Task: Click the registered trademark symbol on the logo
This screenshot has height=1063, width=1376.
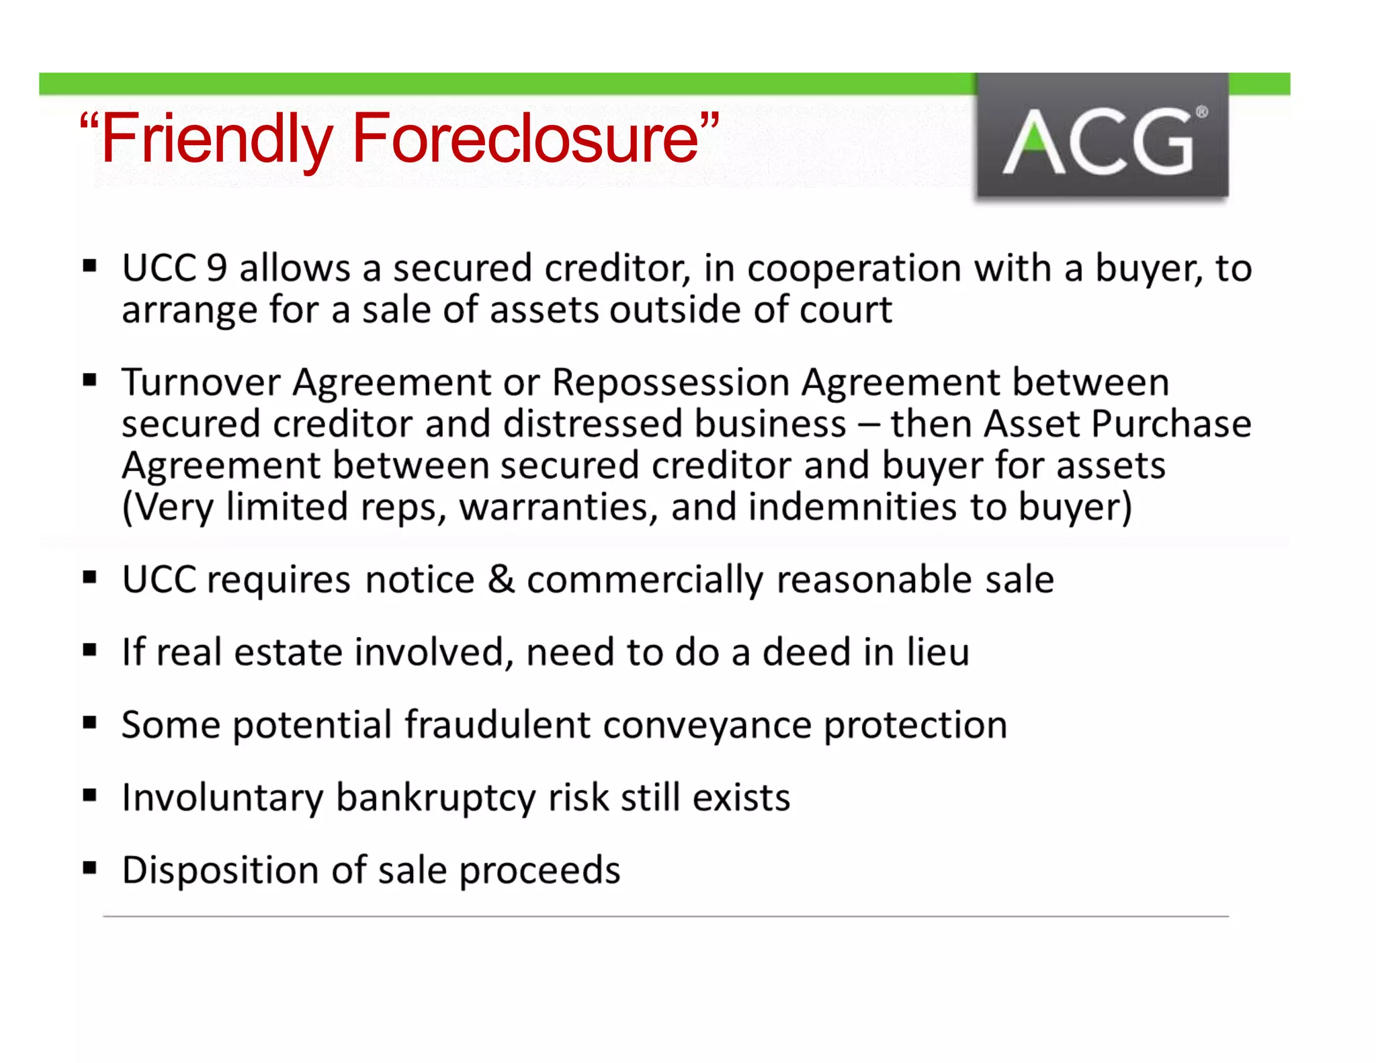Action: [x=1201, y=112]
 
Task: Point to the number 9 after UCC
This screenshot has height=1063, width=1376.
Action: [x=216, y=268]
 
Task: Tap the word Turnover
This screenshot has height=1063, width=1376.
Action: [x=200, y=382]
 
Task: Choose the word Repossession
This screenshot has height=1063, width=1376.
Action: [x=670, y=382]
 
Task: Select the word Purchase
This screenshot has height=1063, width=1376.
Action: [x=1171, y=424]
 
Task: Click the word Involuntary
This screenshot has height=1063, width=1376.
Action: [x=222, y=798]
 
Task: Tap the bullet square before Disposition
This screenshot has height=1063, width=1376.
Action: [x=90, y=867]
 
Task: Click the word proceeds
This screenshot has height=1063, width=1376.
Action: [x=540, y=871]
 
